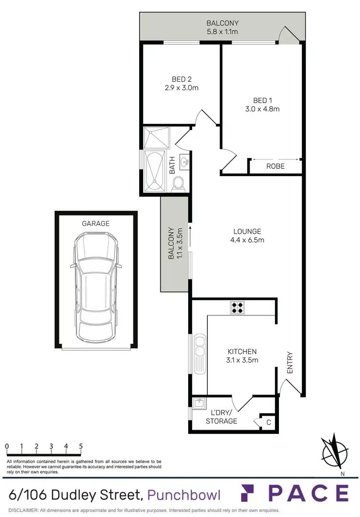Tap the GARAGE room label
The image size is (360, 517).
click(x=96, y=223)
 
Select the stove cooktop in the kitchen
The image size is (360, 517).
click(x=237, y=307)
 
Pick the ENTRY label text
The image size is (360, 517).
click(x=289, y=363)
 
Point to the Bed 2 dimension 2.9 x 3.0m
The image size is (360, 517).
click(x=181, y=88)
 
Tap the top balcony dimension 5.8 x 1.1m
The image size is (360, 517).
click(x=222, y=32)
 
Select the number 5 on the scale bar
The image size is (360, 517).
click(x=81, y=446)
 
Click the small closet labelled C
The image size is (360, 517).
click(x=268, y=422)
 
